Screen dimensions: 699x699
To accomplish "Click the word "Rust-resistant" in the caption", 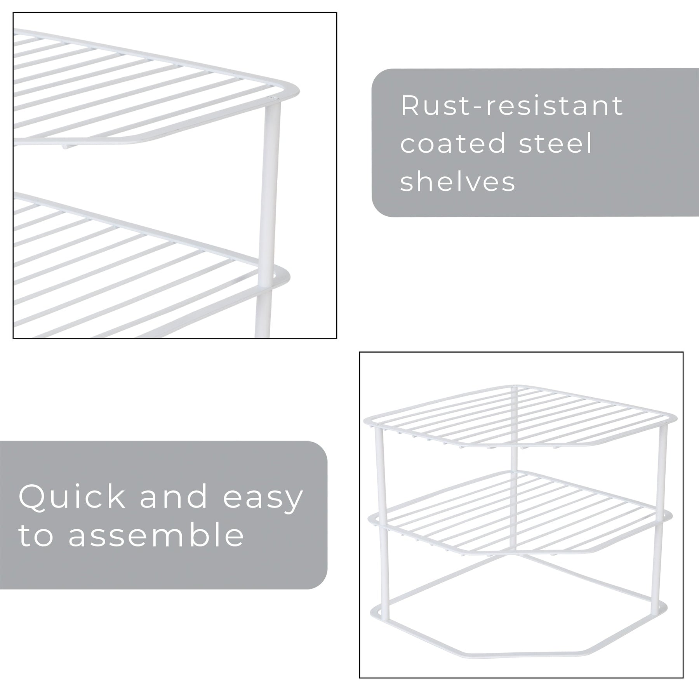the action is tap(512, 105).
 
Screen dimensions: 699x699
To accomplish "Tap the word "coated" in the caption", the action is tap(453, 143).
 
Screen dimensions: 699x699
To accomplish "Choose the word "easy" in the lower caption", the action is tap(263, 499).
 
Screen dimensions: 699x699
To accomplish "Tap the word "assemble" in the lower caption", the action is tap(156, 535).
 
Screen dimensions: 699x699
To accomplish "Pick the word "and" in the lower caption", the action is tap(174, 497).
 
